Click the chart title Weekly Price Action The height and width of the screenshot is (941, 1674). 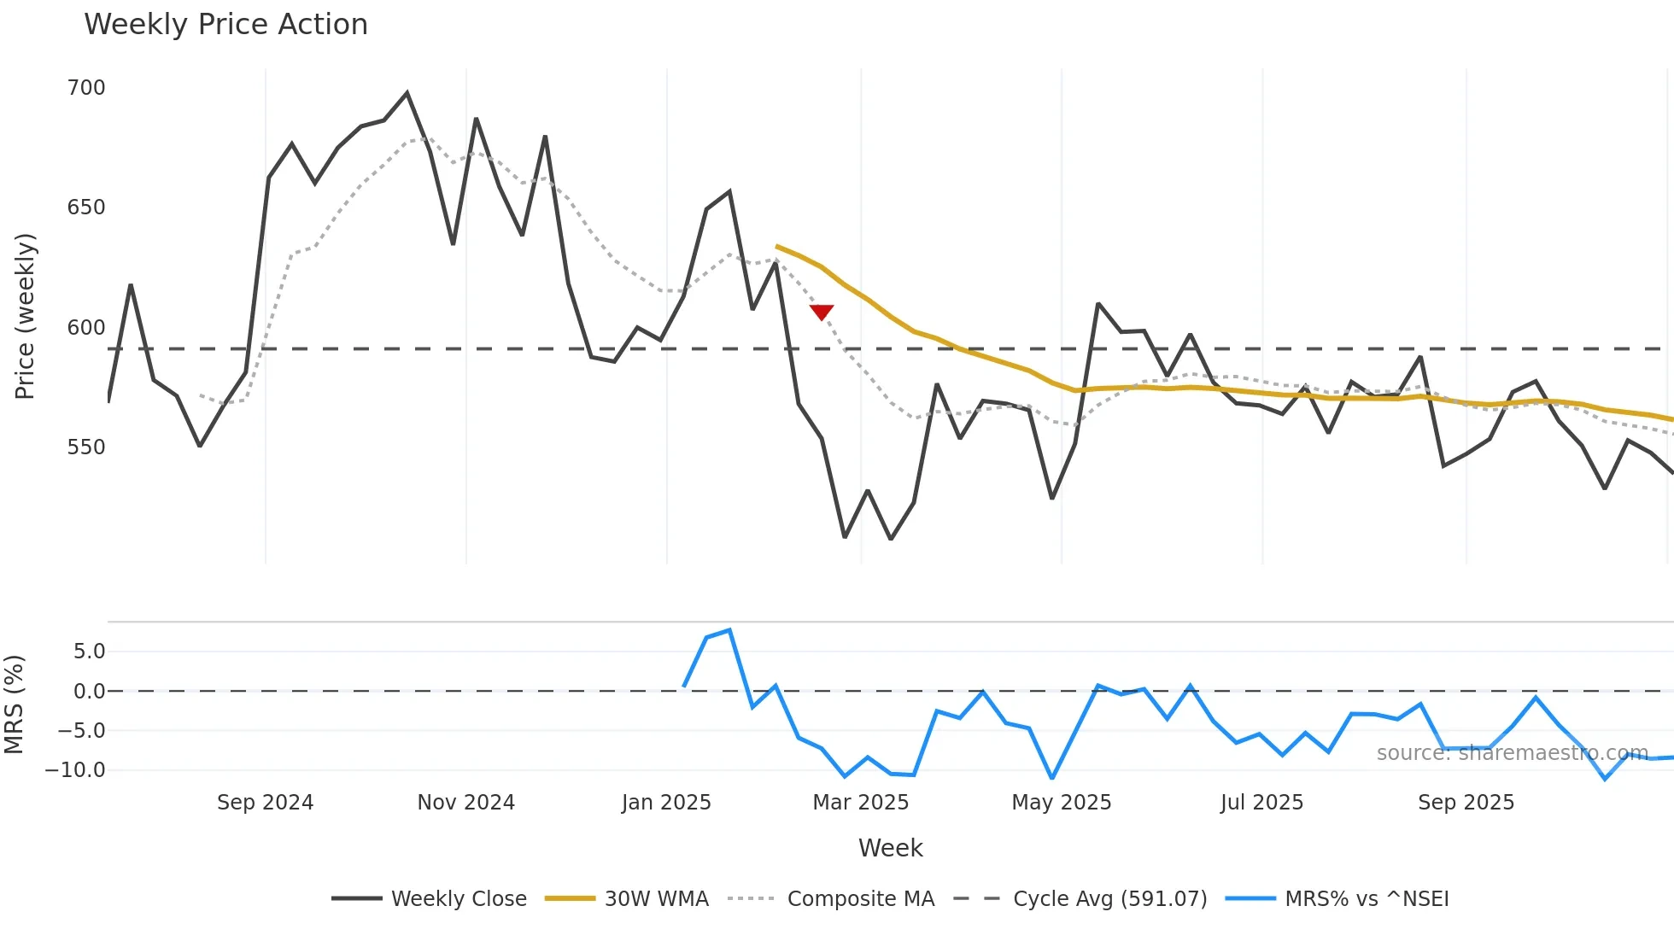coord(225,25)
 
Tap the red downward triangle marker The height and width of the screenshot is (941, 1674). coord(822,313)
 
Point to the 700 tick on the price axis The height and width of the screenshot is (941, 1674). coord(86,88)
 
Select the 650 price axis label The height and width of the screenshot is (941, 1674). coord(86,207)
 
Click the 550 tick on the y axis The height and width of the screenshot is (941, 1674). coord(86,447)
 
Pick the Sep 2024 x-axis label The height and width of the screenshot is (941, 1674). coord(265,803)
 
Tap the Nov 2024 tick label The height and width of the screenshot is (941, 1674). coord(465,803)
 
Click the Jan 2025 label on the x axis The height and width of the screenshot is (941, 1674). coord(666,803)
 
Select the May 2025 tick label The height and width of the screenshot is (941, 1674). coord(1062,803)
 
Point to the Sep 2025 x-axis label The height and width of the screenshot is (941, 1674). coord(1466,803)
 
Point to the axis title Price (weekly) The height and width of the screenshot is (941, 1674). coord(25,316)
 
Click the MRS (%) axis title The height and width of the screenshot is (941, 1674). coord(14,704)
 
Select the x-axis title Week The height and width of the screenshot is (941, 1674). coord(890,848)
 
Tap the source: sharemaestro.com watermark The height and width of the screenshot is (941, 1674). coord(1512,753)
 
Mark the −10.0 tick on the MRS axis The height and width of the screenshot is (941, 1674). coord(75,770)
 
